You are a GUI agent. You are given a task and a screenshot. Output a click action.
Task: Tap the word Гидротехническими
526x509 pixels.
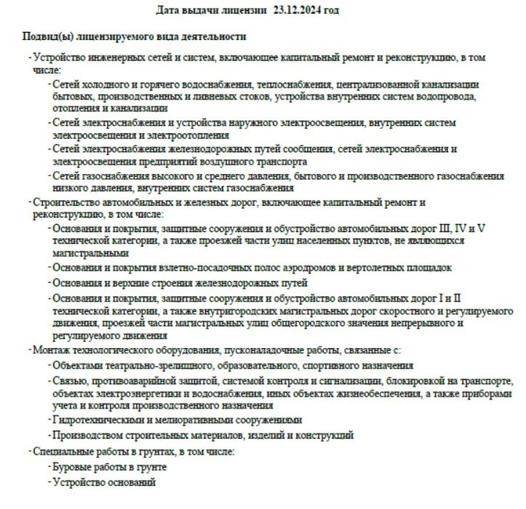point(99,420)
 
